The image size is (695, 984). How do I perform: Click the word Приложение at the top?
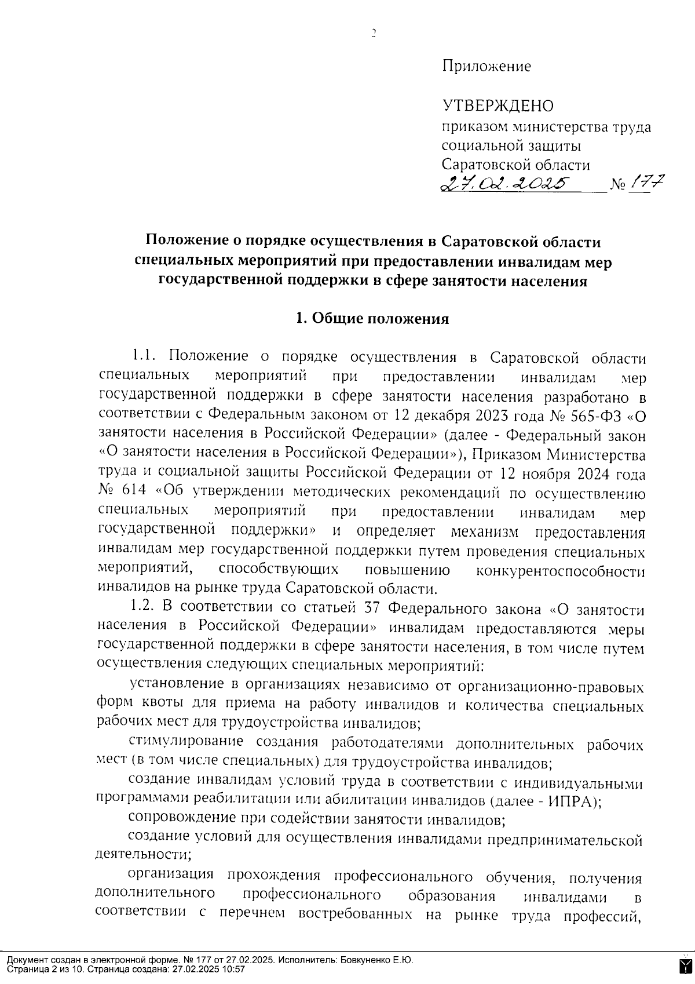point(486,67)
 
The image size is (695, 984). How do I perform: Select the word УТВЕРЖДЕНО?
point(498,106)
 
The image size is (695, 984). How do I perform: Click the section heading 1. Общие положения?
point(372,319)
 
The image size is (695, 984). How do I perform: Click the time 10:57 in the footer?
point(234,970)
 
